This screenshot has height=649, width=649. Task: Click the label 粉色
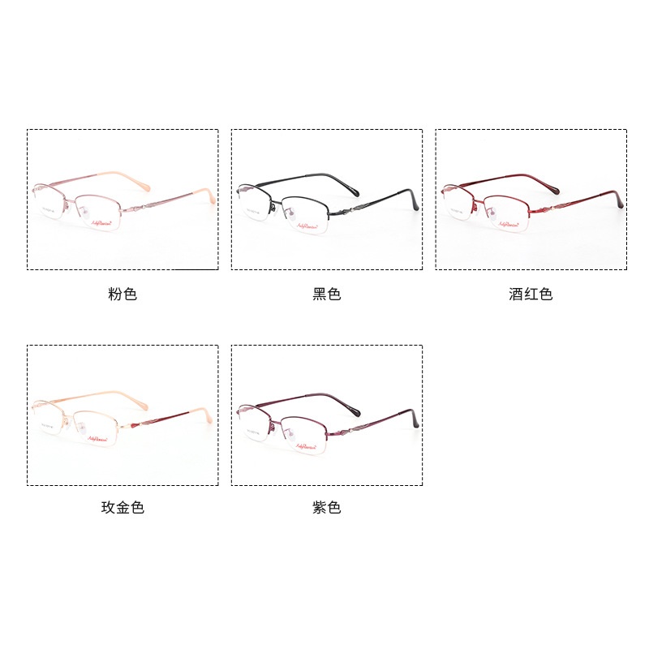(122, 294)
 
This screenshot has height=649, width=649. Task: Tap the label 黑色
(327, 294)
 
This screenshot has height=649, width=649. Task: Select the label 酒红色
(531, 294)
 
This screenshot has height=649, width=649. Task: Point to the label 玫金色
(122, 508)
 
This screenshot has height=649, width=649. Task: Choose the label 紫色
(327, 508)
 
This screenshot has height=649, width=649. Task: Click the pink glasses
(122, 199)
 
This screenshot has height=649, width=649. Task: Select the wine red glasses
(531, 199)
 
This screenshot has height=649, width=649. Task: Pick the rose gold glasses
(122, 414)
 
